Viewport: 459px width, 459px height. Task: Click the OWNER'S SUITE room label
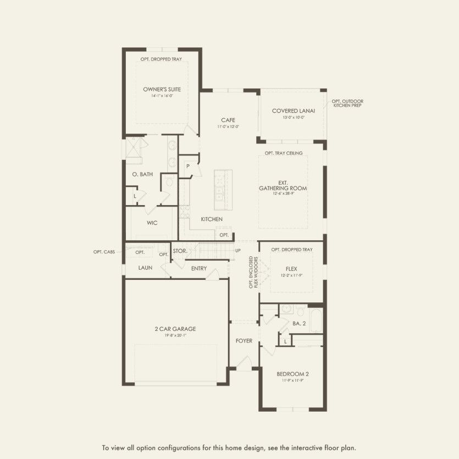coord(162,89)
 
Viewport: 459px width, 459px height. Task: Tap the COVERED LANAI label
coord(292,110)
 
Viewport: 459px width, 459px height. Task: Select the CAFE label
coord(228,120)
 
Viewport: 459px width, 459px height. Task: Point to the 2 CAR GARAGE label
coord(175,329)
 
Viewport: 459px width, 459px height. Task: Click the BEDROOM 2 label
coord(292,374)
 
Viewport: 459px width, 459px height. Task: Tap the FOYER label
coord(244,341)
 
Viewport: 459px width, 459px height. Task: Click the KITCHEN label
coord(212,219)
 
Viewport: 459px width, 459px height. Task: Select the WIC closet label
coord(152,223)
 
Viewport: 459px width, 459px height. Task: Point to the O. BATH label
coord(142,174)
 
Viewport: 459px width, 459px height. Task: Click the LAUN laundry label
coord(146,268)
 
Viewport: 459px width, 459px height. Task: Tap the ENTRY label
coord(199,268)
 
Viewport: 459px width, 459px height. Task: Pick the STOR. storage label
coord(180,251)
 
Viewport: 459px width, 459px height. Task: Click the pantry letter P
coord(187,165)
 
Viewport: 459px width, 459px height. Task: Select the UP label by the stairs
coord(237,250)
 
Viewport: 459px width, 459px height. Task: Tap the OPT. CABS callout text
coord(104,252)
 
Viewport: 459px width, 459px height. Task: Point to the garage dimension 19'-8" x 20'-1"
coord(175,336)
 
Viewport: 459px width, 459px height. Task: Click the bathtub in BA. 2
coord(316,321)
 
